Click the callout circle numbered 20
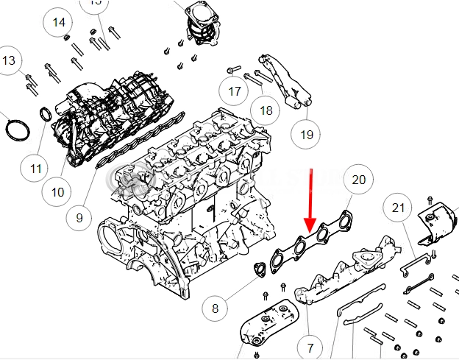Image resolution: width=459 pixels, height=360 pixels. pyautogui.click(x=358, y=180)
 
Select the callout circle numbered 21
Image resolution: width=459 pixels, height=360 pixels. pyautogui.click(x=398, y=208)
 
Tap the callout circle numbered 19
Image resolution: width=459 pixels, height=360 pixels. pyautogui.click(x=307, y=134)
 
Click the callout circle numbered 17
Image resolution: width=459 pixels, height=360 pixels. pyautogui.click(x=235, y=92)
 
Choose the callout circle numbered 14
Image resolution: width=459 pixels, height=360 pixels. pyautogui.click(x=59, y=23)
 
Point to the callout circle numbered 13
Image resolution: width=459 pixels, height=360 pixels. pyautogui.click(x=9, y=60)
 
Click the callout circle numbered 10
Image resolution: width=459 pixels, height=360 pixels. pyautogui.click(x=58, y=193)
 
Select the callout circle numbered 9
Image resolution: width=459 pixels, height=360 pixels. pyautogui.click(x=80, y=218)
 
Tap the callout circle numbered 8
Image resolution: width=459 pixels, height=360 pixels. pyautogui.click(x=216, y=308)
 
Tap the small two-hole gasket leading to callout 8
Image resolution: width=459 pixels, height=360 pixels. pyautogui.click(x=260, y=269)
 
